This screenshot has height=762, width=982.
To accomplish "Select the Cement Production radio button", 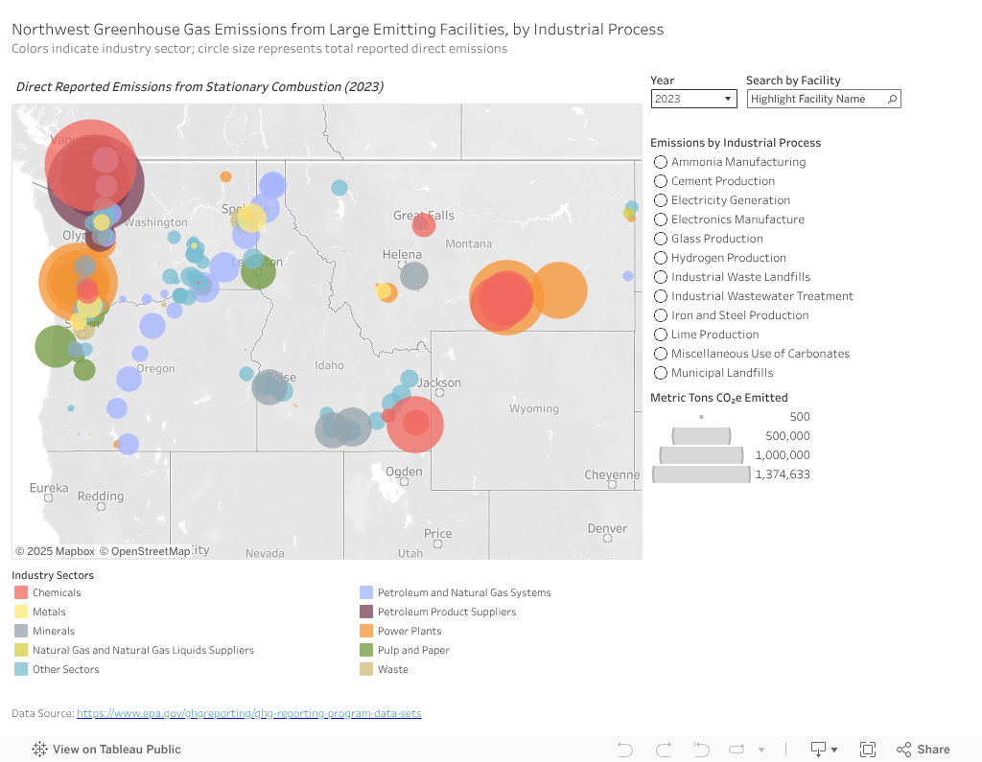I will tap(661, 181).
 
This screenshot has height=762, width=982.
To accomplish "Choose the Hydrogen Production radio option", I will tap(661, 258).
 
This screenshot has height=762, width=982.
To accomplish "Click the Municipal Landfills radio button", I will tap(661, 373).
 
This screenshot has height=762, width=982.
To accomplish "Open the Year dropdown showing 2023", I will tap(692, 99).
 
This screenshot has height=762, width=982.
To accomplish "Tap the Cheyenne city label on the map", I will tap(612, 475).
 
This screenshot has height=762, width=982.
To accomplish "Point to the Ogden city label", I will tap(404, 472).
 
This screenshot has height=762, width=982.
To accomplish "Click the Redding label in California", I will tap(101, 496).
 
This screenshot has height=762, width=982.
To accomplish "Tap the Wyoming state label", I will tap(534, 408).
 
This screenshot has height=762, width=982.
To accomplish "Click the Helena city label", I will tap(402, 255).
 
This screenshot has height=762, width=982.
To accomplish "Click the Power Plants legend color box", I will tap(366, 631).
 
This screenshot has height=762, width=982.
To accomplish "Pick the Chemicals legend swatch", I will tap(21, 592).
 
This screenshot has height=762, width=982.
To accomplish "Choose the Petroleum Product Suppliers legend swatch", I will tap(366, 612).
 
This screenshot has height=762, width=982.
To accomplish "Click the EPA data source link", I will tap(248, 713).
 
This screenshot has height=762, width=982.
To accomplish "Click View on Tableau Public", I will tap(106, 750).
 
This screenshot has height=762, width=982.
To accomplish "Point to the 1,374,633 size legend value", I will tap(782, 474).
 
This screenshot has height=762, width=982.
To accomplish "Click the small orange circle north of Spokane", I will tap(225, 176).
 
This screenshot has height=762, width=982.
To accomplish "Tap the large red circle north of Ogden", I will tap(415, 423).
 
